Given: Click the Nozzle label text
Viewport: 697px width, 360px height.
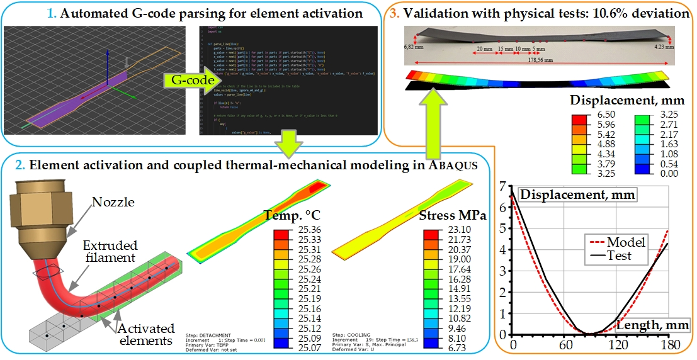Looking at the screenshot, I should (112, 202).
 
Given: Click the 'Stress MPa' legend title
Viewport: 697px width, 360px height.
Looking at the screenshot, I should (453, 215).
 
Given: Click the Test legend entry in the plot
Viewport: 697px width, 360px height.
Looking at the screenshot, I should (620, 256).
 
